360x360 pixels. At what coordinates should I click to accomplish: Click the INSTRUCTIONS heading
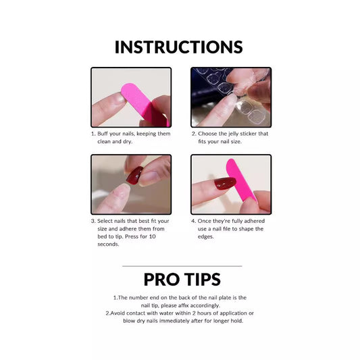tap(179, 47)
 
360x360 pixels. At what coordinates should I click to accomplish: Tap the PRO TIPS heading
tap(182, 280)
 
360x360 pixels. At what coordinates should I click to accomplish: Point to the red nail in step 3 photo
tap(135, 175)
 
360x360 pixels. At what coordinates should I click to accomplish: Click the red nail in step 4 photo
tap(225, 183)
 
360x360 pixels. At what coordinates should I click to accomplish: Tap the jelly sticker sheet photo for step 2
tap(230, 97)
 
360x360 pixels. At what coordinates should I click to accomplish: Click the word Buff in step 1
tap(105, 134)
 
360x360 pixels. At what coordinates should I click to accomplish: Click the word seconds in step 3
tap(109, 244)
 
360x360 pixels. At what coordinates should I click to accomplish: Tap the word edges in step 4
tap(205, 236)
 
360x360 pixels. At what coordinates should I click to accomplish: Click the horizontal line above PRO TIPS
tap(182, 266)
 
